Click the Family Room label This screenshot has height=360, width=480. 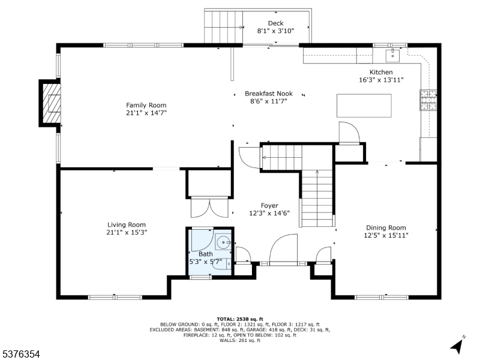(x=146, y=106)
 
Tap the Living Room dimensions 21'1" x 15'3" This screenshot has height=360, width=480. (x=127, y=232)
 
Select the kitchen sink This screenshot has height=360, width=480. (x=393, y=55)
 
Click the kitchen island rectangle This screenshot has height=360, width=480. (x=364, y=106)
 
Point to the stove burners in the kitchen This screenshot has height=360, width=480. (x=428, y=100)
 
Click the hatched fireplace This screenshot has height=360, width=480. (x=51, y=103)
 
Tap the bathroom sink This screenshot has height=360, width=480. (x=223, y=242)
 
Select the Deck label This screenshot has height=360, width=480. (x=275, y=23)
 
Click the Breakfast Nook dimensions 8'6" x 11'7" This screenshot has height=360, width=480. (x=269, y=101)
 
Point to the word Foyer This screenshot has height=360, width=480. (x=269, y=206)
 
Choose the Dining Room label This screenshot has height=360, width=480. (x=386, y=228)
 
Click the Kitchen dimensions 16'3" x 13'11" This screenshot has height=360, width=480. (x=381, y=80)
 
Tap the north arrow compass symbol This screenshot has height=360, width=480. (x=457, y=344)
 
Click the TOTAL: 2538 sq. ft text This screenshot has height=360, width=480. (x=240, y=319)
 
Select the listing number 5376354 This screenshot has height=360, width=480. (x=20, y=354)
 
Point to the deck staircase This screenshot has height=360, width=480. (x=223, y=27)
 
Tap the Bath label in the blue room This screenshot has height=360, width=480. (x=206, y=254)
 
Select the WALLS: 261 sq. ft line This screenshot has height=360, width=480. (x=240, y=340)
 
